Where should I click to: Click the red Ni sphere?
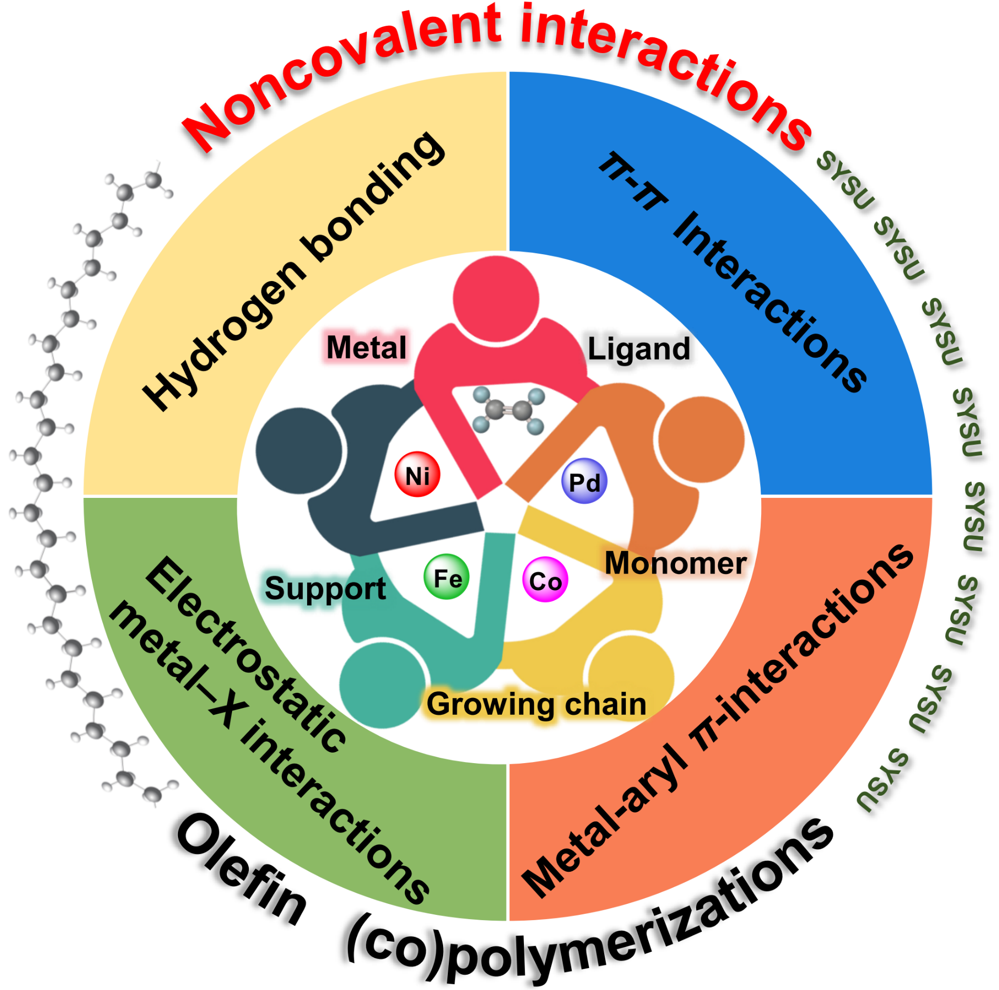[x=417, y=475]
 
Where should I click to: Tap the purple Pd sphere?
[x=584, y=481]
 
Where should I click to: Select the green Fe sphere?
[x=447, y=577]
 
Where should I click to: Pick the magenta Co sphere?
[x=545, y=580]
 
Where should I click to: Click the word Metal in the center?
[x=366, y=347]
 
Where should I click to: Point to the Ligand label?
[x=638, y=349]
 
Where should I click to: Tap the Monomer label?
[x=676, y=564]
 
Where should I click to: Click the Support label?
[x=325, y=589]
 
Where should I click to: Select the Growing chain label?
[x=536, y=704]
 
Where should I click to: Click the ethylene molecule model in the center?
[x=508, y=410]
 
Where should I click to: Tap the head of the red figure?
[x=496, y=298]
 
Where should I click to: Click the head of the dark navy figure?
[x=299, y=451]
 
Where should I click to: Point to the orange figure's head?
[x=701, y=439]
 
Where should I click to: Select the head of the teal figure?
[x=382, y=685]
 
